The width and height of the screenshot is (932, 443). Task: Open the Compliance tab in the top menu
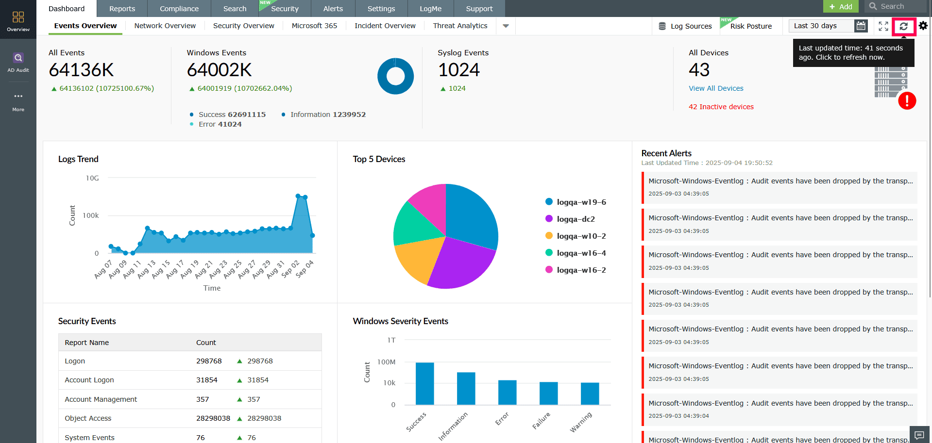[x=179, y=9]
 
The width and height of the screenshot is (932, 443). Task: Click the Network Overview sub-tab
[x=165, y=26]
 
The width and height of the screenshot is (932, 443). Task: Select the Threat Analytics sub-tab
[x=460, y=26]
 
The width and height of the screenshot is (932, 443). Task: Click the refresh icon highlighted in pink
[x=903, y=26]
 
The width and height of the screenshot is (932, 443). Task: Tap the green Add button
[x=841, y=6]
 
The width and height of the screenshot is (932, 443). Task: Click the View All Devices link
[x=716, y=88]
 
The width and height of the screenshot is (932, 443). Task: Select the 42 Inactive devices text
[x=721, y=107]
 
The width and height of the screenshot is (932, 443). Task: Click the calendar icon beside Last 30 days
[x=861, y=26]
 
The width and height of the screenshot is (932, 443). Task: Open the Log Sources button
[x=685, y=26]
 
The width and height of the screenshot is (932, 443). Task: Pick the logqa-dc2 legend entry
[x=576, y=219]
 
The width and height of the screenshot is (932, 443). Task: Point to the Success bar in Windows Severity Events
[x=424, y=383]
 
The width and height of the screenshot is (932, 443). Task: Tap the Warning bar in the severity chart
[x=590, y=394]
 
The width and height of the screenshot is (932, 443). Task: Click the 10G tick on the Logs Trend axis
[x=92, y=178]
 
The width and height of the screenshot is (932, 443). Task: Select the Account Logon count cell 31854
[x=207, y=380]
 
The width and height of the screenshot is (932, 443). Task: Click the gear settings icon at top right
[x=923, y=26]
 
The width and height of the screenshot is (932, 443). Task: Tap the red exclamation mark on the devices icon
[x=907, y=101]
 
